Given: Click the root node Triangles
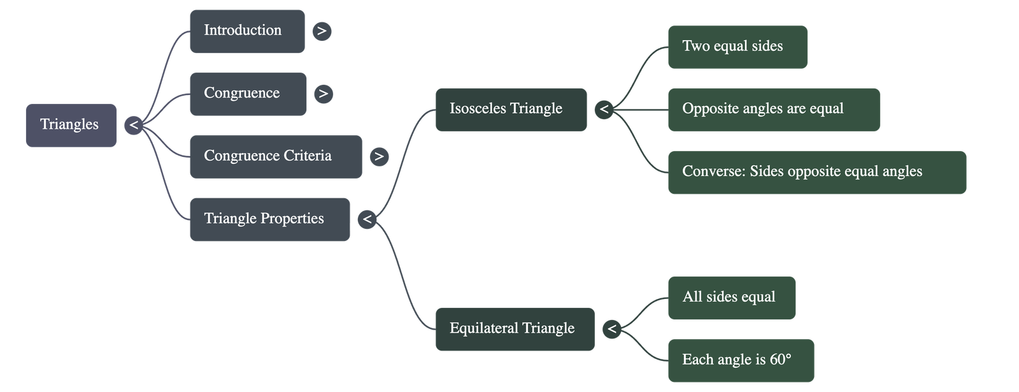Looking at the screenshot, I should point(71,125).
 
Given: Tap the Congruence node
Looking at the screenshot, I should point(248,94).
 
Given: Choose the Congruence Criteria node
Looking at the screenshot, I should point(275,156).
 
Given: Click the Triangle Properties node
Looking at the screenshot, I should point(269,219).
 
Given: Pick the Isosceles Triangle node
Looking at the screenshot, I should point(510,110).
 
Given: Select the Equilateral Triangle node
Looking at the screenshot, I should point(515,329).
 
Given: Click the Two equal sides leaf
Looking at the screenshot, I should point(738,47).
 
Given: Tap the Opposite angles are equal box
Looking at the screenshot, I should point(773,110).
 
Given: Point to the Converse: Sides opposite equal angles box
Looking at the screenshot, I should point(816,172).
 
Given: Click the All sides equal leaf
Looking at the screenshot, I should point(731,298).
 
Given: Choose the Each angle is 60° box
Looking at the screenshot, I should point(740,360).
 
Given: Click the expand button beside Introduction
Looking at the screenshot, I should point(322,31).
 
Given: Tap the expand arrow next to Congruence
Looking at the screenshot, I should point(324,94).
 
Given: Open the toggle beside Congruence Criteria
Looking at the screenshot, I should point(379,156).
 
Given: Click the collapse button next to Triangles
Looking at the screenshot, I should point(133,125).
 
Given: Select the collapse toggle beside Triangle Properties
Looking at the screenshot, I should point(367,219).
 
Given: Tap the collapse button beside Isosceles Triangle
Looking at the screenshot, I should point(604,110).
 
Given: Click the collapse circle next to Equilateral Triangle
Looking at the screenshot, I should point(611,329).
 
